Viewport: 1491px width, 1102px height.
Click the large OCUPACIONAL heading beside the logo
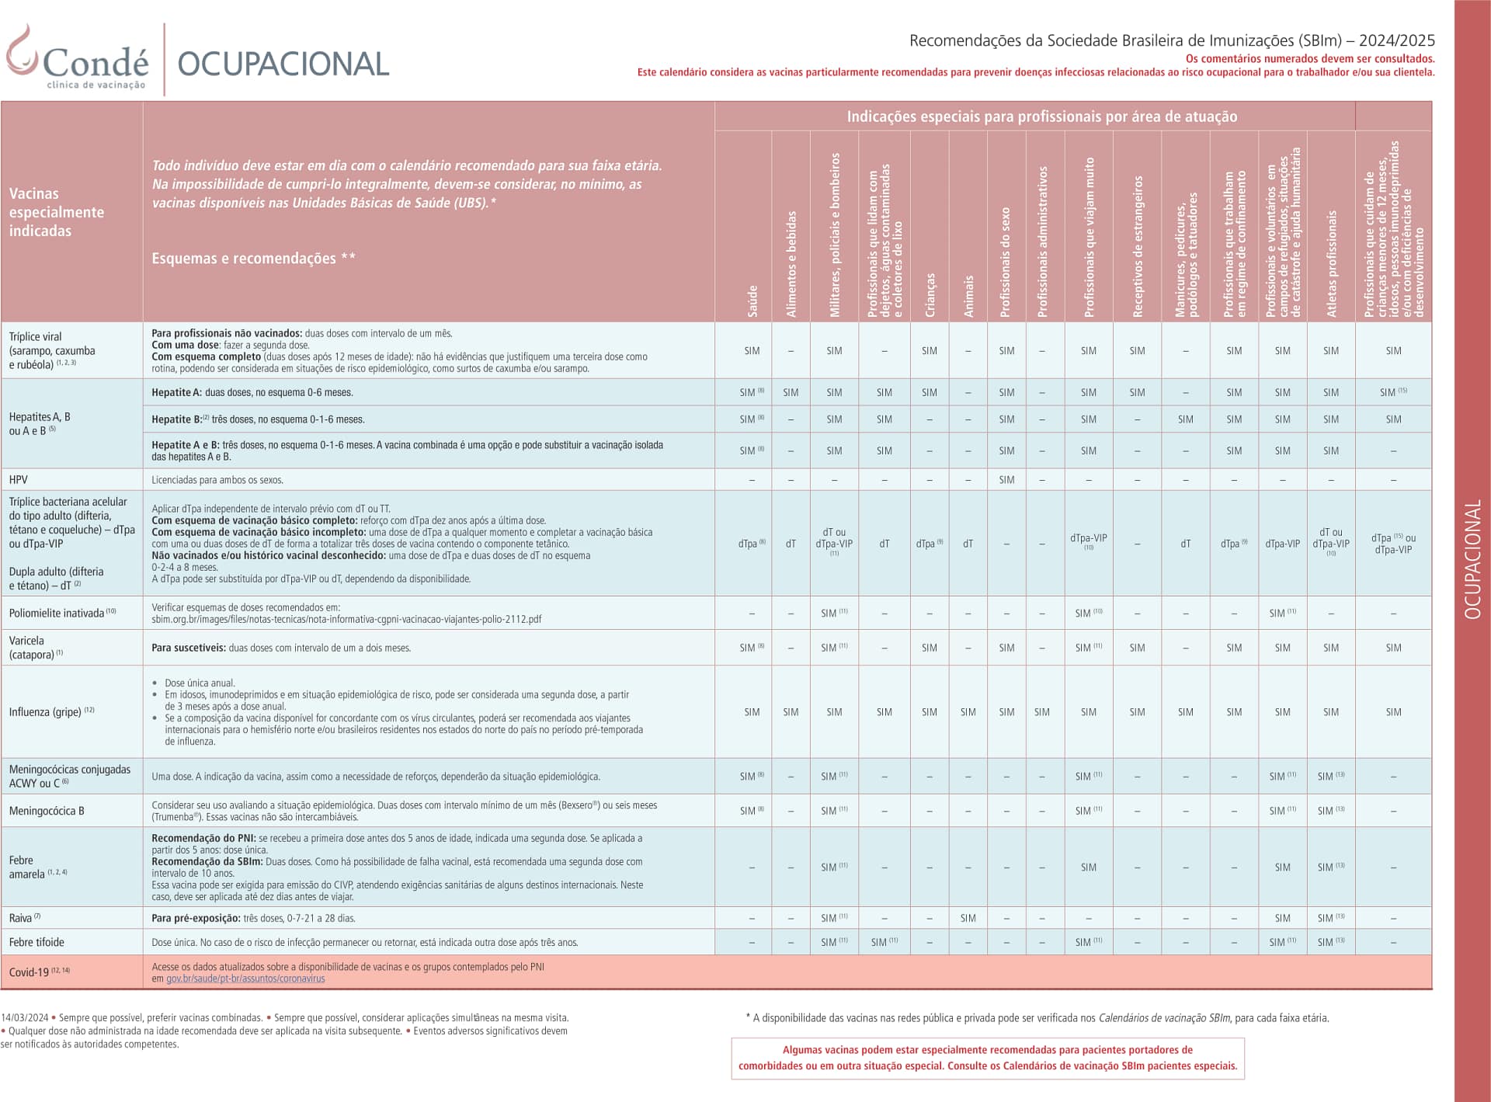point(283,64)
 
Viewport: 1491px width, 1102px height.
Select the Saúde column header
point(752,301)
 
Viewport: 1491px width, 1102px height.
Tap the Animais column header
point(968,295)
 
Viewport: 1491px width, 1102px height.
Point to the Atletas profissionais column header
point(1331,264)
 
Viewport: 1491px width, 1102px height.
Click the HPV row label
point(19,480)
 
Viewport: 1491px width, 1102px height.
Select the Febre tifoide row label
point(36,942)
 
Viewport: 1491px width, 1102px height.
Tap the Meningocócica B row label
point(47,811)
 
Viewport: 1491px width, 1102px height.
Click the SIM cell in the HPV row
point(1006,480)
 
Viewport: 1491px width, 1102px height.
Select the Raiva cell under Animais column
point(968,918)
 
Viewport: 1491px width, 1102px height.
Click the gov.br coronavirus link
point(245,979)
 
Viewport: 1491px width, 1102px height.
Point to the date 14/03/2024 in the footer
point(25,1017)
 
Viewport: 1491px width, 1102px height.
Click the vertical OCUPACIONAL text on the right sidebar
point(1472,559)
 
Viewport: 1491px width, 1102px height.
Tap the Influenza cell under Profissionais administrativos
point(1041,712)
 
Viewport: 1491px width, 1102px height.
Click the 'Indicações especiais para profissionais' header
point(1041,116)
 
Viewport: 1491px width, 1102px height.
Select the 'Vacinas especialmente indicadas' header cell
point(56,212)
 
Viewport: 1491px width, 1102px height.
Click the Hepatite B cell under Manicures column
point(1185,419)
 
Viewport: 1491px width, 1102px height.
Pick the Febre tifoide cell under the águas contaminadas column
point(884,942)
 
